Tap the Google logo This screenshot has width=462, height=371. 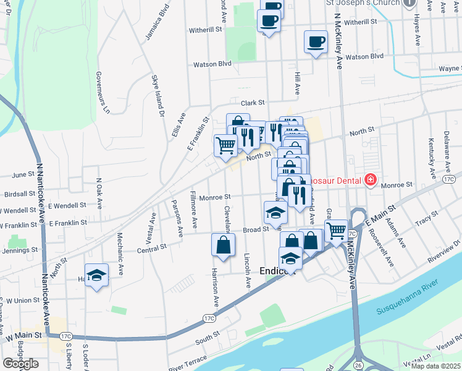tap(20, 364)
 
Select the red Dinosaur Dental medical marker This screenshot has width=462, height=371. tap(370, 180)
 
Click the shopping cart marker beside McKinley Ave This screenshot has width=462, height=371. tap(336, 231)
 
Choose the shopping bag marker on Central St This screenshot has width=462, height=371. tap(223, 245)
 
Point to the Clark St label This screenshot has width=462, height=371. tap(253, 103)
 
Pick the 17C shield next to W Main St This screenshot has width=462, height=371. tap(66, 336)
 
